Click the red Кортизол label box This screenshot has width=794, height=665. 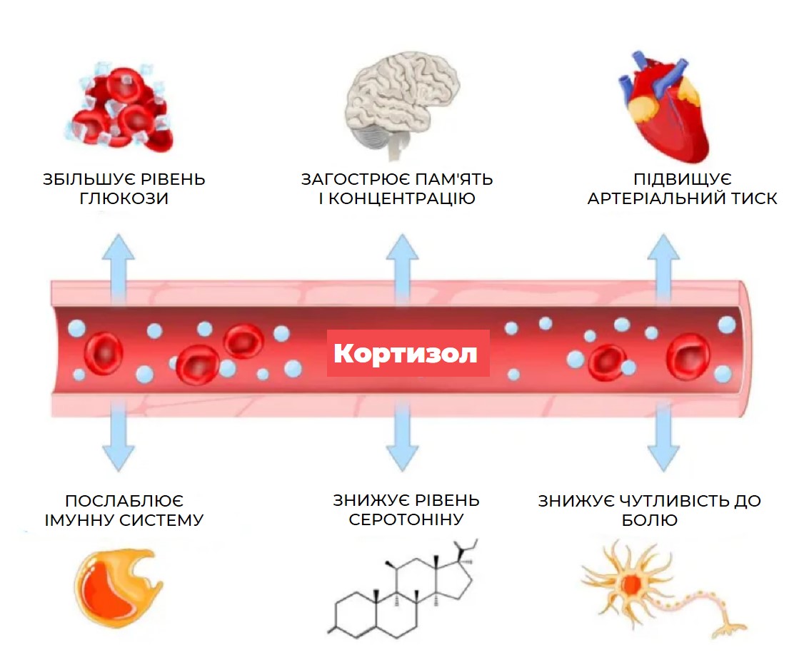pyautogui.click(x=408, y=353)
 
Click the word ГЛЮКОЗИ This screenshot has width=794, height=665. pyautogui.click(x=124, y=199)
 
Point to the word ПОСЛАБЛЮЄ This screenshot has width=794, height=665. pyautogui.click(x=124, y=501)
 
